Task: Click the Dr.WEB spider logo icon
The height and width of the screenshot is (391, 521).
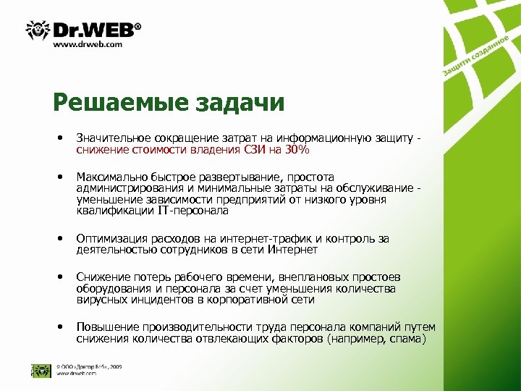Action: pyautogui.click(x=38, y=30)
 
